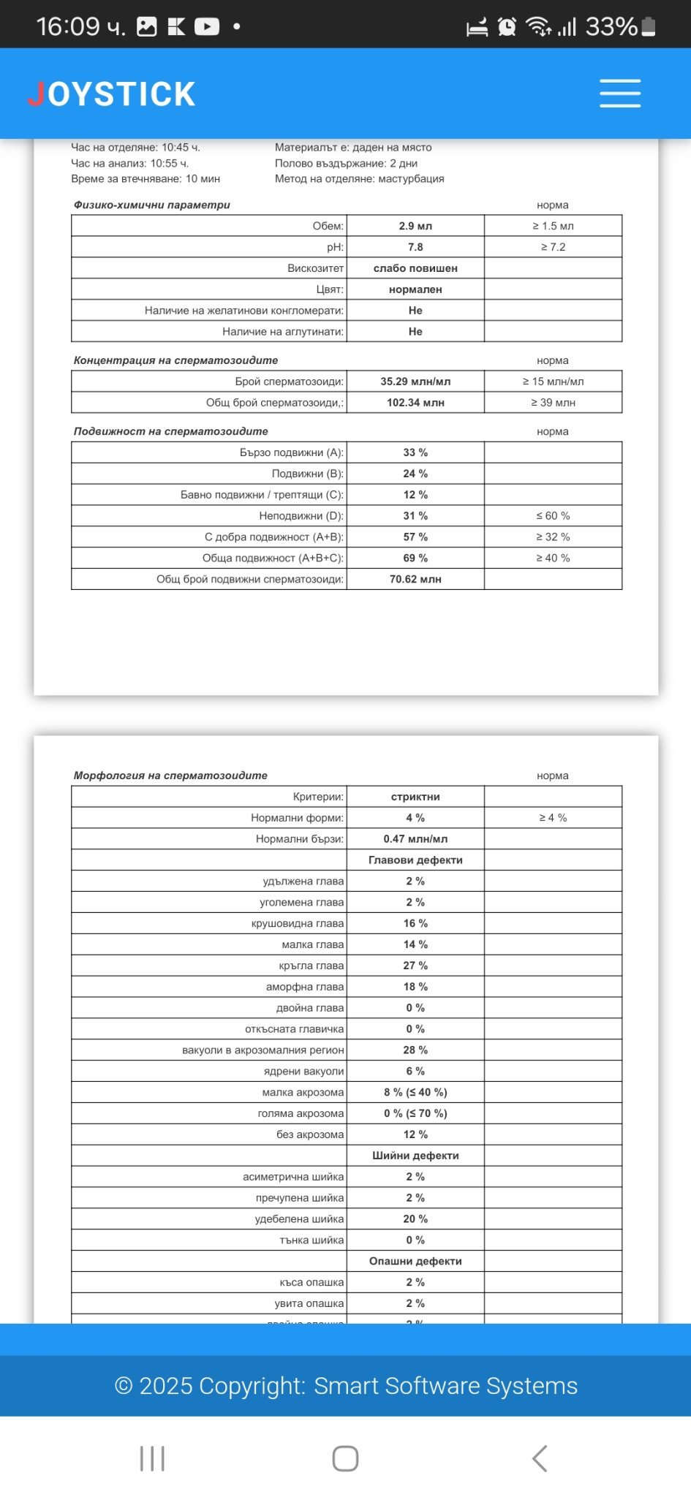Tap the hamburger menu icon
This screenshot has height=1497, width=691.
(x=620, y=94)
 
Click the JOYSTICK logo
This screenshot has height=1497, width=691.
(x=112, y=94)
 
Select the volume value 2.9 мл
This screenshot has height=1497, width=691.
(x=415, y=226)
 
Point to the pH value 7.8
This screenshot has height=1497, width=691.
(x=415, y=247)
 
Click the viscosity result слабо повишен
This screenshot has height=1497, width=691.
(x=415, y=268)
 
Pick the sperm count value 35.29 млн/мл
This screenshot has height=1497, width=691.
(x=415, y=382)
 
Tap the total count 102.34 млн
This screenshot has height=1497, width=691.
(x=415, y=403)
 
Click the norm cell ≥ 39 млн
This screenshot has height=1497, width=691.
(x=553, y=403)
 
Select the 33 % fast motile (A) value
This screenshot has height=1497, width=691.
(x=415, y=452)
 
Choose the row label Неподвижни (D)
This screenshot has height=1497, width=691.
(x=301, y=516)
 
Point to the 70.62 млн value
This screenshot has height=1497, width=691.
(x=415, y=580)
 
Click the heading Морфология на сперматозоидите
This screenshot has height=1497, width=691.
(x=170, y=776)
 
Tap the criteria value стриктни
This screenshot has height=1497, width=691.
(x=415, y=797)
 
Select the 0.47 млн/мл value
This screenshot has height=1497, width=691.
(x=415, y=839)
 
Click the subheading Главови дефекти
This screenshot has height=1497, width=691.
(x=415, y=860)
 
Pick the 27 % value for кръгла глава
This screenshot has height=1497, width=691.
(x=415, y=966)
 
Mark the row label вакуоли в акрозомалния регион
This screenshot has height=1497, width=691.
(x=263, y=1050)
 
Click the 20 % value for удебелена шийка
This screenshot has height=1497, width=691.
(x=415, y=1219)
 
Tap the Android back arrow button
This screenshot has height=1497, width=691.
(x=539, y=1458)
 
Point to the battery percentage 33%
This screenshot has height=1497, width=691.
(x=611, y=27)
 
